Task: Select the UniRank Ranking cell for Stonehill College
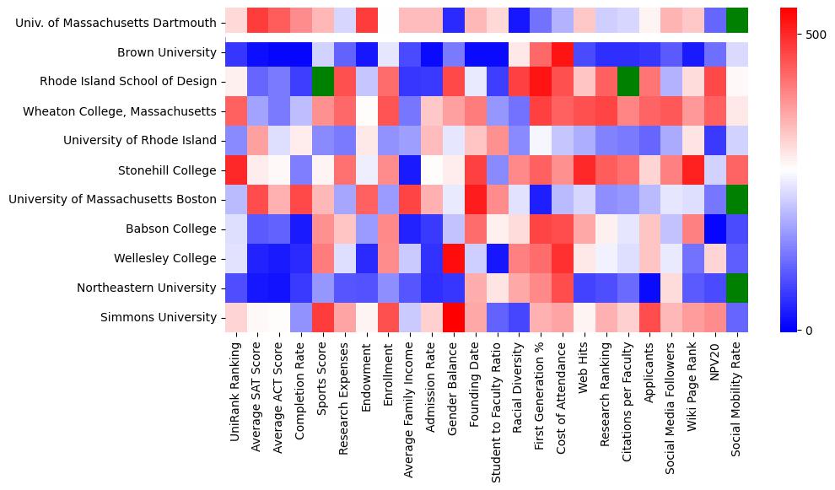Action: tap(235, 170)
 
